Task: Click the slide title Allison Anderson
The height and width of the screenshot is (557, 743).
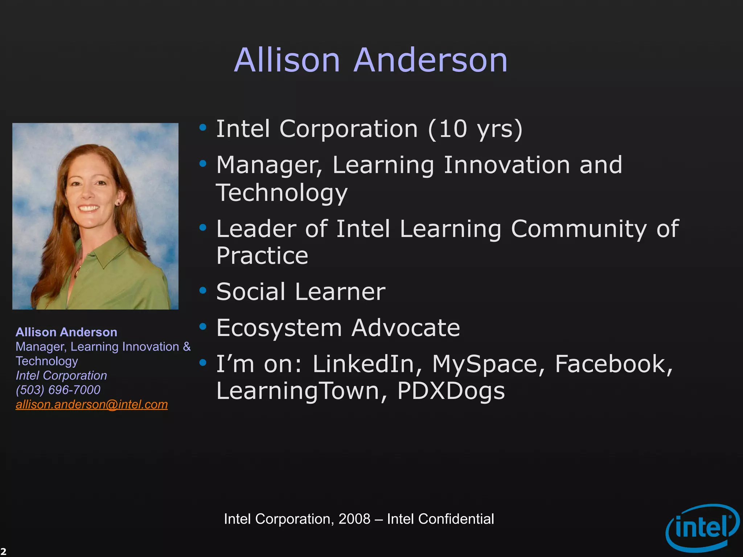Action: [371, 60]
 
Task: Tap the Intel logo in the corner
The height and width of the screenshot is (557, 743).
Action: [702, 528]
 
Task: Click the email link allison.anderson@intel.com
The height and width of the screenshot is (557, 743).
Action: [92, 404]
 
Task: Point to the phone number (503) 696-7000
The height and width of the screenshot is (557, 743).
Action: [58, 390]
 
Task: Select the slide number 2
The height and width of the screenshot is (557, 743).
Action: [3, 552]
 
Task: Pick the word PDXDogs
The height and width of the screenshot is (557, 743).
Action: [451, 391]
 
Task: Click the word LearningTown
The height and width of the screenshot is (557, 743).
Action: [297, 391]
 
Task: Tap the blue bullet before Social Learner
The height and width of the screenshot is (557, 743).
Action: [203, 290]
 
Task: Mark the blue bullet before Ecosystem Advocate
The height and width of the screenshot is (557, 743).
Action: [203, 326]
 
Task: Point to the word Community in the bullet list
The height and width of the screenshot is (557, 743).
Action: [579, 229]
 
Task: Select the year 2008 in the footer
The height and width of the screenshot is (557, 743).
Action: [354, 519]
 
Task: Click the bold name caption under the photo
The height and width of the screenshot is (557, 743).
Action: [66, 332]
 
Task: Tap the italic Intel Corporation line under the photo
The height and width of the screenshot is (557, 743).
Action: [61, 375]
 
